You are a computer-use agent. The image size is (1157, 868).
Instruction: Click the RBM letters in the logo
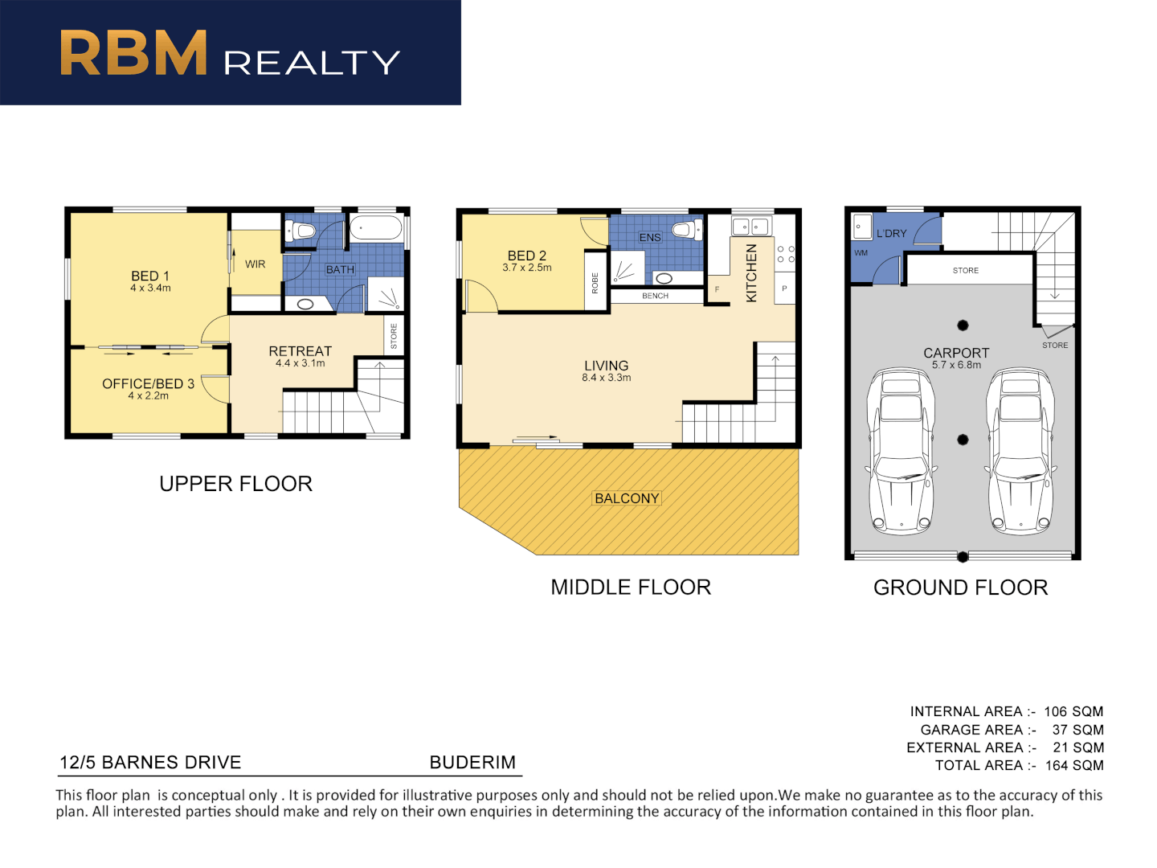[x=133, y=54]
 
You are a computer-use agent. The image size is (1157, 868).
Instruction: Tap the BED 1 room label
[x=150, y=276]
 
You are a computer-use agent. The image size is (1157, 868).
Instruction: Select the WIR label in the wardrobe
[x=256, y=264]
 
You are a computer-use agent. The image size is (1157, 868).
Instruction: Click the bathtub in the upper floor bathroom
[x=376, y=228]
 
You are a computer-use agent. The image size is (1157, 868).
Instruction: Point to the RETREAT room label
[x=300, y=351]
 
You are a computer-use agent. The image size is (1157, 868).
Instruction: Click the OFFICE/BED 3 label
[x=148, y=384]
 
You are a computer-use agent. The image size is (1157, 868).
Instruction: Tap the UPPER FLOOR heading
[x=235, y=484]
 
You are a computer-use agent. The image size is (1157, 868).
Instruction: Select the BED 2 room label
[x=526, y=256]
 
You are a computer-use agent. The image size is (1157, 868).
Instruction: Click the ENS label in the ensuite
[x=650, y=237]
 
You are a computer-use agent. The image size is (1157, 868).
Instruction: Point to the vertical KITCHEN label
[x=751, y=273]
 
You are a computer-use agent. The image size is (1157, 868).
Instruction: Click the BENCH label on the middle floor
[x=655, y=296]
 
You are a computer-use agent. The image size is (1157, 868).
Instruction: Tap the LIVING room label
[x=606, y=366]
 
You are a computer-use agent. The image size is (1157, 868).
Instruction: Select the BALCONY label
[x=627, y=498]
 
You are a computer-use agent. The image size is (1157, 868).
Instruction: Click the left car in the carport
[x=901, y=452]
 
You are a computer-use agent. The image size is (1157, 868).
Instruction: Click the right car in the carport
[x=1020, y=452]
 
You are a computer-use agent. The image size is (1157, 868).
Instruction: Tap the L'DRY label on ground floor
[x=891, y=234]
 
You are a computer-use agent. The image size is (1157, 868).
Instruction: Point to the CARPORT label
[x=956, y=353]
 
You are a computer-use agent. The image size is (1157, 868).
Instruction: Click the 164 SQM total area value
[x=1074, y=766]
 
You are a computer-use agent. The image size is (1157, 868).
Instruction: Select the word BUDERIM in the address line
[x=472, y=762]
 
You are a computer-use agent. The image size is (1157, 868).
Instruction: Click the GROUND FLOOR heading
[x=960, y=588]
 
